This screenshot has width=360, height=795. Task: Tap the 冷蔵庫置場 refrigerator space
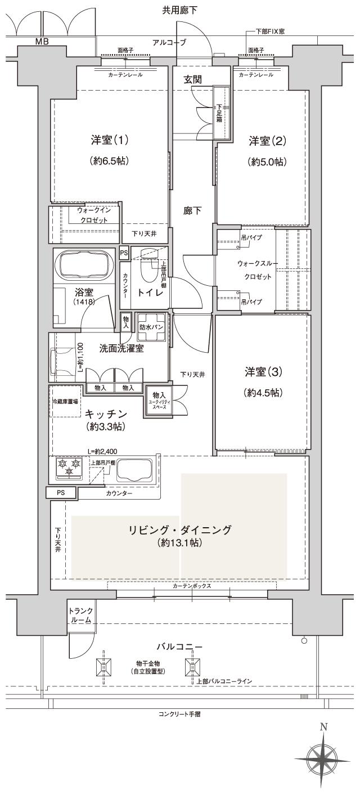tap(65, 401)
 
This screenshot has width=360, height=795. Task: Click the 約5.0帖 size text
tap(267, 162)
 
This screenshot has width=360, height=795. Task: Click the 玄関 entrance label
tap(192, 80)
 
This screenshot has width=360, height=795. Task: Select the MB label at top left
tap(42, 41)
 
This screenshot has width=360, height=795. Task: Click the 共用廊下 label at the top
tap(179, 10)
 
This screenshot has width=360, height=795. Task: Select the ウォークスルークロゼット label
tap(254, 270)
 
